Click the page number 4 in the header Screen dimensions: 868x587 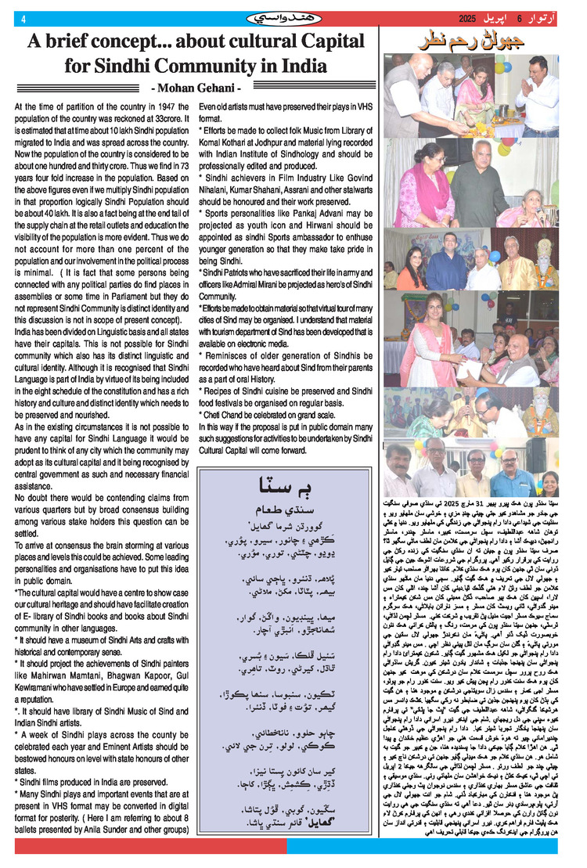pos(23,20)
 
